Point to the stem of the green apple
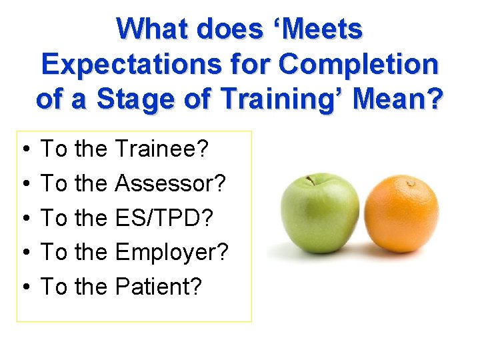pos(309,180)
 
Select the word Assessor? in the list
pos(171,183)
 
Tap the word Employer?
pos(171,252)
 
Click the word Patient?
pos(158,287)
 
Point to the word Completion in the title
pos(359,64)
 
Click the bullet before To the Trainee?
pos(25,149)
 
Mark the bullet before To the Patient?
pos(25,287)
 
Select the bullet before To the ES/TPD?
pos(25,218)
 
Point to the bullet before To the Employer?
pos(25,253)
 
